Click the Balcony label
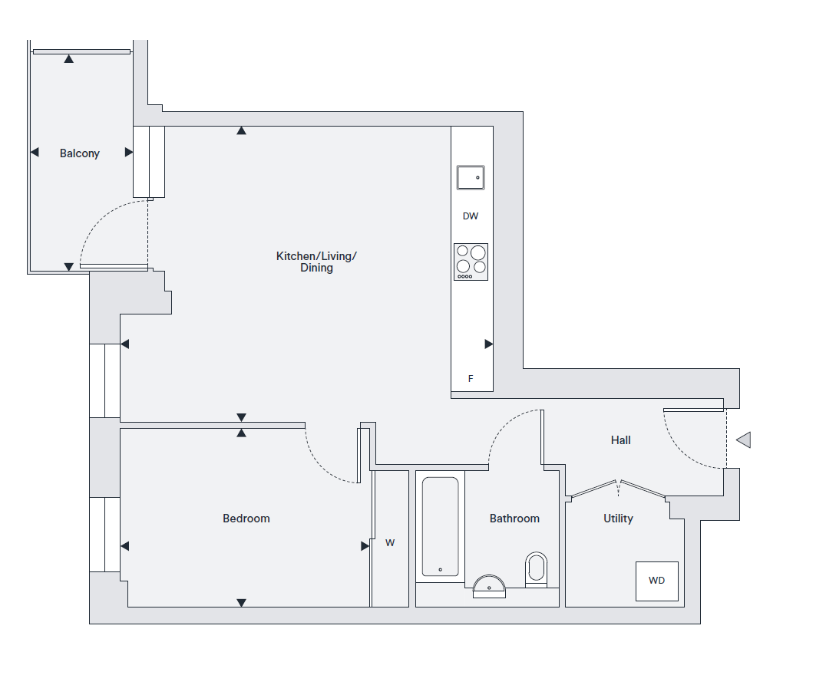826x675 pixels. [80, 153]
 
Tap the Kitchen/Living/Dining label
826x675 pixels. [316, 262]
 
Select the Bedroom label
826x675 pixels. [246, 519]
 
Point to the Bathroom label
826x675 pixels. [514, 519]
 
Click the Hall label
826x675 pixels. [620, 440]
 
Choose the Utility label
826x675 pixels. [618, 519]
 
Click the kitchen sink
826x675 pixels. [471, 177]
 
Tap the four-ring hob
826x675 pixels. [471, 262]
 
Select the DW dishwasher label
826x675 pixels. [471, 216]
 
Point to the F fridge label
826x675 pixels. [471, 379]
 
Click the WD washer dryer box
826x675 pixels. [657, 581]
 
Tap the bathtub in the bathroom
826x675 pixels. [441, 526]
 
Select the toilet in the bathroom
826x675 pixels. [537, 570]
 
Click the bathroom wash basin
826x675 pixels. [489, 587]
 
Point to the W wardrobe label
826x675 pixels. [390, 543]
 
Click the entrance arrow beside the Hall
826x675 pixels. [743, 440]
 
